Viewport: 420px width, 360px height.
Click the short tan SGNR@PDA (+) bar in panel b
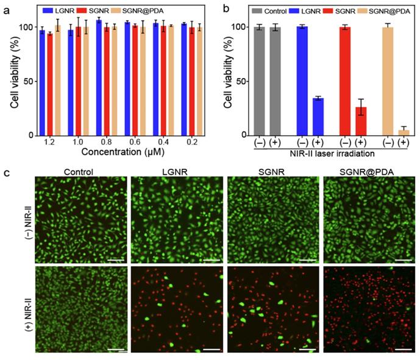403,132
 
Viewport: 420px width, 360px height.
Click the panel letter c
7,172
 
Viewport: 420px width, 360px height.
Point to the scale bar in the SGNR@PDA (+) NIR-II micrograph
402,349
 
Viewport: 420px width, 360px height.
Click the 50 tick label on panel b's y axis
241,82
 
